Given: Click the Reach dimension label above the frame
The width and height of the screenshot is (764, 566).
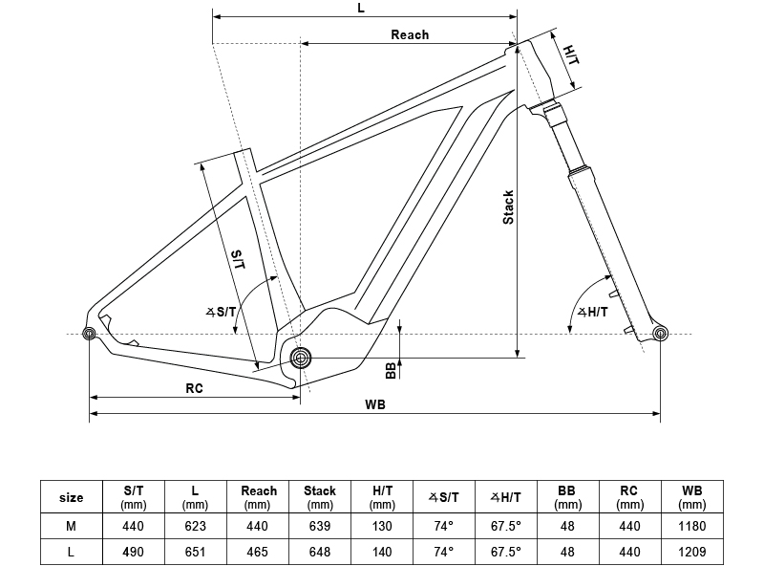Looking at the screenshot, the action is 410,34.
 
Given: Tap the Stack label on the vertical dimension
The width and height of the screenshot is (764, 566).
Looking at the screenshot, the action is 508,207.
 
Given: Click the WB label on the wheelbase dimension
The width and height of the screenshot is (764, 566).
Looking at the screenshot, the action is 375,404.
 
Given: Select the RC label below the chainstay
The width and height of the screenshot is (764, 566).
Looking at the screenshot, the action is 194,388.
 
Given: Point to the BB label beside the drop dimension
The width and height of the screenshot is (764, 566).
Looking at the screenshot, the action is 391,370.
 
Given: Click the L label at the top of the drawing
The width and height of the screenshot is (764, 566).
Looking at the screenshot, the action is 361,8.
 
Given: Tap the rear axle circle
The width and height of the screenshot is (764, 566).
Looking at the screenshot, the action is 89,334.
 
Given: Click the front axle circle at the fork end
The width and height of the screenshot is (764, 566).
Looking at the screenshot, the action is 660,334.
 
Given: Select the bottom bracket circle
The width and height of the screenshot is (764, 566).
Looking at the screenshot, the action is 301,359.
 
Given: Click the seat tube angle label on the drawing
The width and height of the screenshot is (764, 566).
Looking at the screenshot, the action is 221,312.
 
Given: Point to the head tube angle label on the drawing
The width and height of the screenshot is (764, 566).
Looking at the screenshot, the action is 592,312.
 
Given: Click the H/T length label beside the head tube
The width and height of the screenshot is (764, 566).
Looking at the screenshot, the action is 571,55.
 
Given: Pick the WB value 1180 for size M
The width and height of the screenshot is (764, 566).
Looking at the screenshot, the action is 691,526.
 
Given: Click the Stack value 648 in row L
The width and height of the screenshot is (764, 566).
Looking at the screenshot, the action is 320,552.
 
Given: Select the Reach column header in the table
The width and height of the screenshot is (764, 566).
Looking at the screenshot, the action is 258,497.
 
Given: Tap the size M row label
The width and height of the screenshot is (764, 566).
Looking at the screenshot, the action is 71,526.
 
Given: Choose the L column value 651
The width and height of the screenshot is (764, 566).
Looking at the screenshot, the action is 196,552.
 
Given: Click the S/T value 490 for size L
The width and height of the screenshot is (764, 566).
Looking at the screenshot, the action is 133,552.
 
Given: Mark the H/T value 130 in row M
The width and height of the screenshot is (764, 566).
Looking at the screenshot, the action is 382,526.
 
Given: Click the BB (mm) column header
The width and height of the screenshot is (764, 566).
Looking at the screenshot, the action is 567,497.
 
